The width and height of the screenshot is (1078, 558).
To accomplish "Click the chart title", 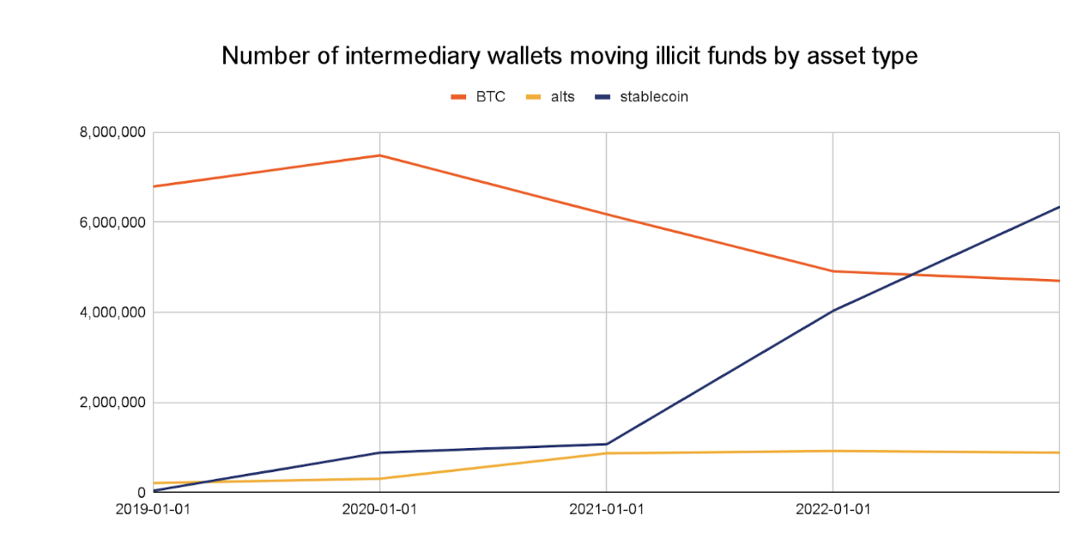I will pyautogui.click(x=569, y=57).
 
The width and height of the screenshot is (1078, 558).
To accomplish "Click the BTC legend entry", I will pyautogui.click(x=490, y=97).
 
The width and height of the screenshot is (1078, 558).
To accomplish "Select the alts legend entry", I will pyautogui.click(x=562, y=97).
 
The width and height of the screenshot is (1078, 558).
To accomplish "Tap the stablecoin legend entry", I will pyautogui.click(x=653, y=97).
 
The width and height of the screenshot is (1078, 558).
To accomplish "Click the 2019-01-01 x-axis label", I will pyautogui.click(x=153, y=509).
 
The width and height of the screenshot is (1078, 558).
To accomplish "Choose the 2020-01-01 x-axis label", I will pyautogui.click(x=379, y=509).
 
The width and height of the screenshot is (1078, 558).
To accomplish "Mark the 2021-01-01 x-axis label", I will pyautogui.click(x=606, y=509).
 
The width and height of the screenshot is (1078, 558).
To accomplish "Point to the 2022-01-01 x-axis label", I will pyautogui.click(x=833, y=509).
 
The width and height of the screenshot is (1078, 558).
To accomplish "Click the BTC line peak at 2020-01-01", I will pyautogui.click(x=379, y=155).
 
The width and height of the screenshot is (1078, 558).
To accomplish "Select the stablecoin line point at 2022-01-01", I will pyautogui.click(x=833, y=311).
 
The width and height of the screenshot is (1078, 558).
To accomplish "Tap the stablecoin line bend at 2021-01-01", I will pyautogui.click(x=606, y=444).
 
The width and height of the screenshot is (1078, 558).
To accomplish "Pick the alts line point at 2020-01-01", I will pyautogui.click(x=379, y=478).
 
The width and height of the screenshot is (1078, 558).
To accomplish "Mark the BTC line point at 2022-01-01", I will pyautogui.click(x=833, y=271).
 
